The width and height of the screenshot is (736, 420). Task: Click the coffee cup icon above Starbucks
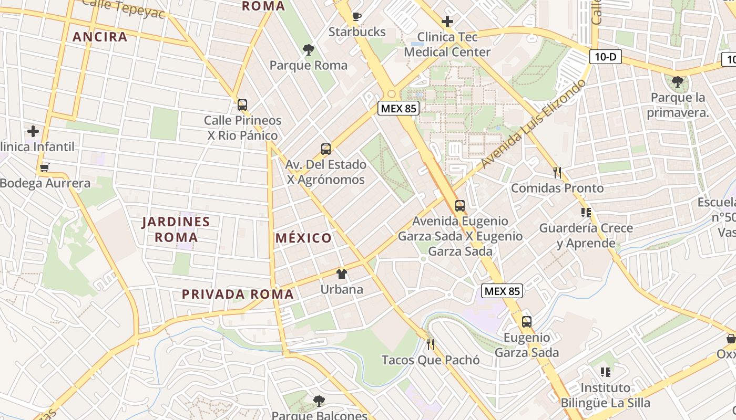tap(357, 16)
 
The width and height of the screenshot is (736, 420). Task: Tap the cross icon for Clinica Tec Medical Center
tap(447, 22)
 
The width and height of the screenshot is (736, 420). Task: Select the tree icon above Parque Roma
tap(309, 50)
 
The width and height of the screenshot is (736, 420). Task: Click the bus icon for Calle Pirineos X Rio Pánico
tap(242, 104)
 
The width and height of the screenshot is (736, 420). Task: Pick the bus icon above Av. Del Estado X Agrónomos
tap(326, 149)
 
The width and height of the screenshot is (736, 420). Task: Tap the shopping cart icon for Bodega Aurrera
tap(45, 168)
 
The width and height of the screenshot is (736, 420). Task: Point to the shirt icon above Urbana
tap(342, 274)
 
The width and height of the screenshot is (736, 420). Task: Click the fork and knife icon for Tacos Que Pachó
tap(431, 344)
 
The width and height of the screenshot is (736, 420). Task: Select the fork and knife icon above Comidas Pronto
tap(557, 172)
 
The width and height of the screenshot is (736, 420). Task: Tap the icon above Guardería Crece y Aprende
tap(586, 213)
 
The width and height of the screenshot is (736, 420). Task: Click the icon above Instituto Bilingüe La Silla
tap(605, 372)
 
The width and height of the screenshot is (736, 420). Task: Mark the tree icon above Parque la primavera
tap(677, 82)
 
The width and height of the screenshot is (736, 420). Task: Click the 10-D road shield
tap(605, 57)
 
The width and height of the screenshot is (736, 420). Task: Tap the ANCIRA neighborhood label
tap(100, 37)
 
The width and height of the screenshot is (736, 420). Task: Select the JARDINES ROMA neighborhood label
tap(176, 229)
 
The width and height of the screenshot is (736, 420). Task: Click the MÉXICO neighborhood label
tap(304, 238)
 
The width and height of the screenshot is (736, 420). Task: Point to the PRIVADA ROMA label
tap(238, 294)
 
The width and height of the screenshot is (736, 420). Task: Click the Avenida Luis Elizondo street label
tap(533, 124)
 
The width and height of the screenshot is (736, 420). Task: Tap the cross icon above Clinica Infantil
tap(33, 131)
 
